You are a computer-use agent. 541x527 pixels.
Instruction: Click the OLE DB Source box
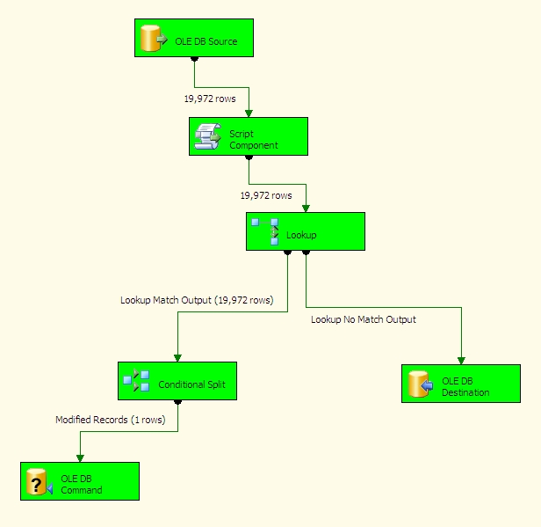(x=193, y=38)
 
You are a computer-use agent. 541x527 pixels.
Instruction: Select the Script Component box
(x=248, y=136)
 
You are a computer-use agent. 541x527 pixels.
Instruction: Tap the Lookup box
(x=305, y=231)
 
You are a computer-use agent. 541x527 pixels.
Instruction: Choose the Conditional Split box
(x=177, y=381)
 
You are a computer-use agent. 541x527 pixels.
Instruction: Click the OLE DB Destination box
(x=460, y=384)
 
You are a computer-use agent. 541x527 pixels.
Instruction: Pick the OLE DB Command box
(x=79, y=481)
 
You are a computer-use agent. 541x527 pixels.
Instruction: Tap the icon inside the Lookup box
(x=265, y=231)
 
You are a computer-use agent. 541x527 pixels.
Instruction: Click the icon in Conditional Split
(x=136, y=381)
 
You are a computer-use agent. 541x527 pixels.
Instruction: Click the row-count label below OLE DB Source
(x=209, y=99)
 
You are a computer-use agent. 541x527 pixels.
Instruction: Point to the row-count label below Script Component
(x=266, y=195)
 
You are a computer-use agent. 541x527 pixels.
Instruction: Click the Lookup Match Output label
(x=197, y=300)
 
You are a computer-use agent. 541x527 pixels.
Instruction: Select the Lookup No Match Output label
(x=364, y=319)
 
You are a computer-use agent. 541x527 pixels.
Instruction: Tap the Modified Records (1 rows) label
(x=111, y=421)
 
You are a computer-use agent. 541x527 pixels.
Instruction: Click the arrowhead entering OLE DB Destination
(x=461, y=361)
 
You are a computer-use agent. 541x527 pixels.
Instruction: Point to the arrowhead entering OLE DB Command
(x=80, y=458)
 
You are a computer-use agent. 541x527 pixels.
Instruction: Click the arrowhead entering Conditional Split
(x=177, y=358)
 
